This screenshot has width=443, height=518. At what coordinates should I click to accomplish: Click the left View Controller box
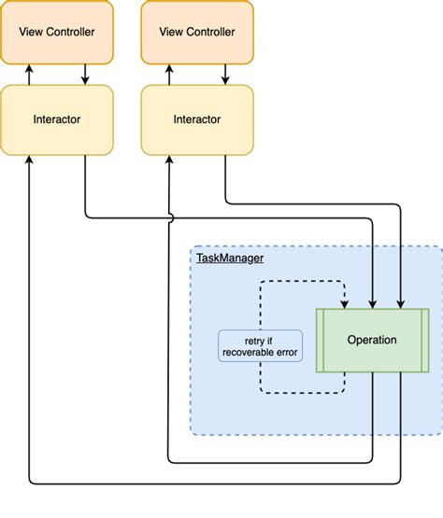coord(57,32)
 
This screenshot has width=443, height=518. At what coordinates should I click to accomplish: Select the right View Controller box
coord(197,32)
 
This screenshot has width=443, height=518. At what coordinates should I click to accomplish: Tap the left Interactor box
coord(57,119)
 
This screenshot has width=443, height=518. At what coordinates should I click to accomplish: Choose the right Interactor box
coord(197,119)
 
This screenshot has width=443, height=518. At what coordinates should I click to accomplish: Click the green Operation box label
coord(372,340)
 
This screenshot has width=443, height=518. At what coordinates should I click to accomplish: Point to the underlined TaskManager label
coord(230,258)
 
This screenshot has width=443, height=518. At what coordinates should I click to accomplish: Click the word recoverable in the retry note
coord(249,353)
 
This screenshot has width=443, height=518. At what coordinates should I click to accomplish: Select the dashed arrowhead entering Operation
coord(345,304)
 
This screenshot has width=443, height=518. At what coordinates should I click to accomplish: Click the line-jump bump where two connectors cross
coord(171,218)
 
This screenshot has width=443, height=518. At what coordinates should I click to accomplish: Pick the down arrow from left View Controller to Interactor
coord(85,75)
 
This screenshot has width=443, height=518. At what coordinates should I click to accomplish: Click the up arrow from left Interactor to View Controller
coord(29,75)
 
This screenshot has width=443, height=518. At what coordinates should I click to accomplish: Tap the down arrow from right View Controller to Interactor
coord(225,75)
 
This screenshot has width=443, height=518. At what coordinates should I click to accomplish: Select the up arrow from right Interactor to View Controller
coord(169,75)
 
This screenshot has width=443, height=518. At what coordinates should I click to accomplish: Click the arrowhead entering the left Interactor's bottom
coord(29,160)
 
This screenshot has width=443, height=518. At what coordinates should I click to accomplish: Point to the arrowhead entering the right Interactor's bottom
coord(169,160)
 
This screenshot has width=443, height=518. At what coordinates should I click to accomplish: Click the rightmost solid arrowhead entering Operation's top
coord(401,304)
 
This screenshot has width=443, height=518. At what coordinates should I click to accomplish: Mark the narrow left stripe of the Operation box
coord(320,341)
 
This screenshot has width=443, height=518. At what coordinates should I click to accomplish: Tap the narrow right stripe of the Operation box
coord(425,341)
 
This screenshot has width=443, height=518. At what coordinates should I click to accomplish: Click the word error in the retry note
coord(287,353)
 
